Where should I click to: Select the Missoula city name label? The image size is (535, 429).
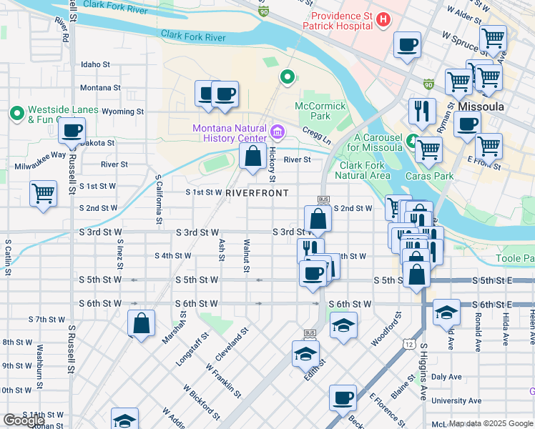481,107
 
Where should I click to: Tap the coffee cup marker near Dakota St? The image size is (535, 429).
72,132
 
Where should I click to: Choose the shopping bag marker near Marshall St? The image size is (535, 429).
142,322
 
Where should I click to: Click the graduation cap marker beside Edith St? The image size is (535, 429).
305,354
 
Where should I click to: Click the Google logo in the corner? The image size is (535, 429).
24,420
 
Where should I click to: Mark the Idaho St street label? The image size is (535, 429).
95,64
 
